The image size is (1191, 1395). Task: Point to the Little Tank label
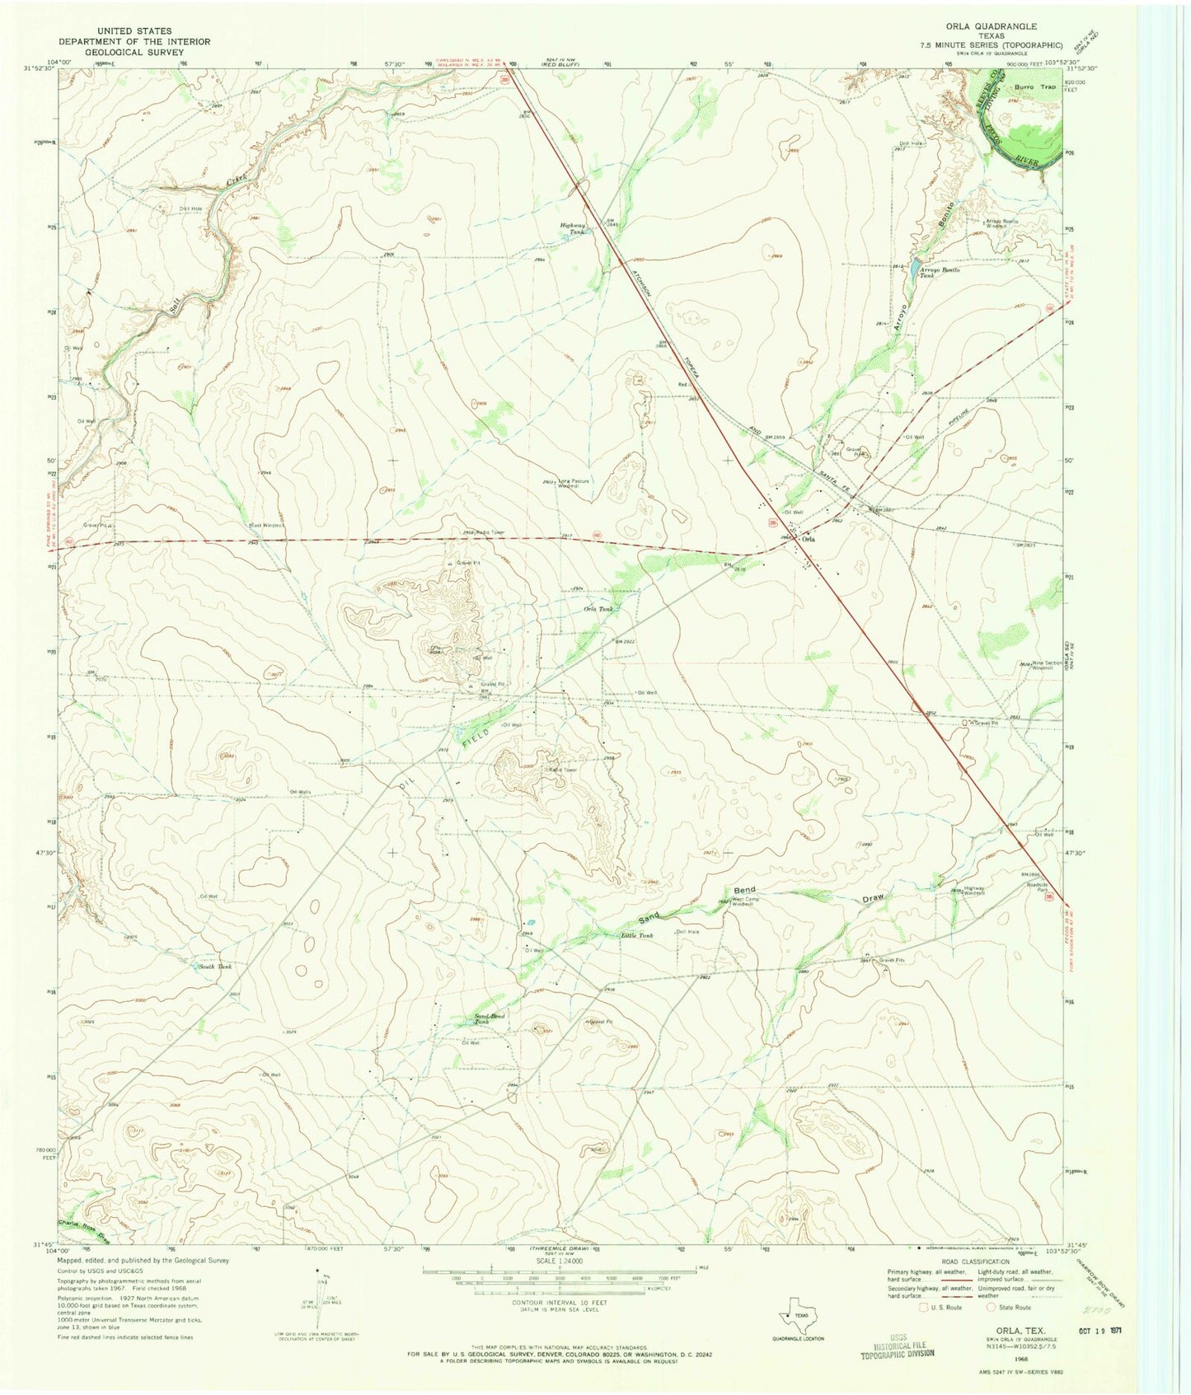636,935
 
